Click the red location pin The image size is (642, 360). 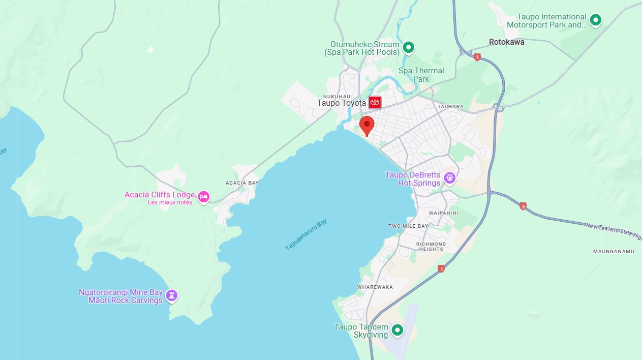point(366,125)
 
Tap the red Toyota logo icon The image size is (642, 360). point(375,102)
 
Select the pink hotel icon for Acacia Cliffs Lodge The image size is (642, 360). point(204,197)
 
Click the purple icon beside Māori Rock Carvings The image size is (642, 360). point(172,295)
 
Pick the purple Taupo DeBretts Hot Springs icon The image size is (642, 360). point(449,178)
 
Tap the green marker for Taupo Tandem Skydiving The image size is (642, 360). point(398,331)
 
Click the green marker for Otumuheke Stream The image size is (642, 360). point(408,48)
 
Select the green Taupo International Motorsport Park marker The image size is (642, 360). point(595,20)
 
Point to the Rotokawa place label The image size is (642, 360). point(506,42)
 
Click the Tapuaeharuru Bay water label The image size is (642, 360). point(307,234)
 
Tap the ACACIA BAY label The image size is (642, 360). point(242,183)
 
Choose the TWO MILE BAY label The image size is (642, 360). point(408,226)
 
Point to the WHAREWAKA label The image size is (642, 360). point(375,287)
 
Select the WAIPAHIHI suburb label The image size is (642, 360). point(443,213)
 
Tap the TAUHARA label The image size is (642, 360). point(450,106)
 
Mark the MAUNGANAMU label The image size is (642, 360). point(614,251)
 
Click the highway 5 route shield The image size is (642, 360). point(523,206)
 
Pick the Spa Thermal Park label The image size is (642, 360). point(421,75)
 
